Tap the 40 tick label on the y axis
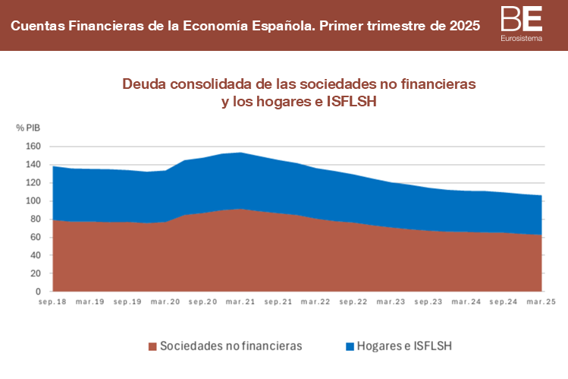(x=34, y=255)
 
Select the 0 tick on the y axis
(x=37, y=292)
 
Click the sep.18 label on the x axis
(x=53, y=302)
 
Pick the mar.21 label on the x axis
(x=240, y=302)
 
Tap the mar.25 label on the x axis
(x=541, y=302)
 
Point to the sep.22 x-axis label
(x=353, y=302)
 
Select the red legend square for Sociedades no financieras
(x=152, y=346)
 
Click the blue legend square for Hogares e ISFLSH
(x=350, y=346)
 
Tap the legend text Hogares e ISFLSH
(x=404, y=346)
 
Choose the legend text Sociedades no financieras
(x=231, y=346)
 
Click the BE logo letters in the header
(x=521, y=18)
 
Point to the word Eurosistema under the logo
(x=522, y=38)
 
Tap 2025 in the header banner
(x=463, y=26)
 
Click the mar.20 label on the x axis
(x=165, y=302)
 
